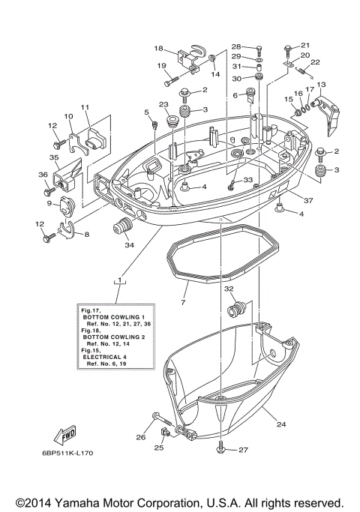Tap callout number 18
(x=158, y=48)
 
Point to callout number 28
(x=235, y=46)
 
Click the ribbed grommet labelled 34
(x=121, y=227)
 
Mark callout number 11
(x=85, y=107)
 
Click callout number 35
(x=54, y=158)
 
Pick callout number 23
(x=163, y=105)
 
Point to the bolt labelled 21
(x=289, y=50)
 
